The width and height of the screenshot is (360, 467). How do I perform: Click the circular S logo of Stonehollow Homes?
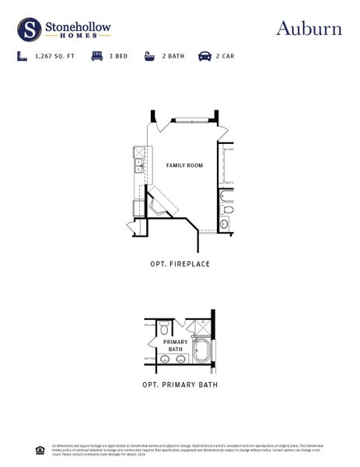pos(30,30)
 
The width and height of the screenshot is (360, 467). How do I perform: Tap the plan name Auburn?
pos(309,29)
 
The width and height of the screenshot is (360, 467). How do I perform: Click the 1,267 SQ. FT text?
pos(55,57)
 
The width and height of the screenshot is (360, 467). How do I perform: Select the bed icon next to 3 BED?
pos(96,57)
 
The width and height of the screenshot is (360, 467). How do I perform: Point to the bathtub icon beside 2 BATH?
pos(149,57)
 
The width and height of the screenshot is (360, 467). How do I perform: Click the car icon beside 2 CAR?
pos(204,57)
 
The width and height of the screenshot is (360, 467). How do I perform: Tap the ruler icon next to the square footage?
pos(21,57)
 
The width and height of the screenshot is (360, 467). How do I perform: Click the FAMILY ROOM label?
pos(184,166)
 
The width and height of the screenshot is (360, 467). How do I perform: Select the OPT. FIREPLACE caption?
pos(180,264)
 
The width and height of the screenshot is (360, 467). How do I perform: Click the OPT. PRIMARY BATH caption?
pos(180,384)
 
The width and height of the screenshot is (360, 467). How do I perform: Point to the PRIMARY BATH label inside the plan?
pos(175,346)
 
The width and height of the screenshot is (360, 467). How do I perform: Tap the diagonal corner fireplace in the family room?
pos(164,200)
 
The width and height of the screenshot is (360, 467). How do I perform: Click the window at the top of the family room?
pos(189,119)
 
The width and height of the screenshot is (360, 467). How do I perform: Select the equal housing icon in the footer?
pos(40,449)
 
